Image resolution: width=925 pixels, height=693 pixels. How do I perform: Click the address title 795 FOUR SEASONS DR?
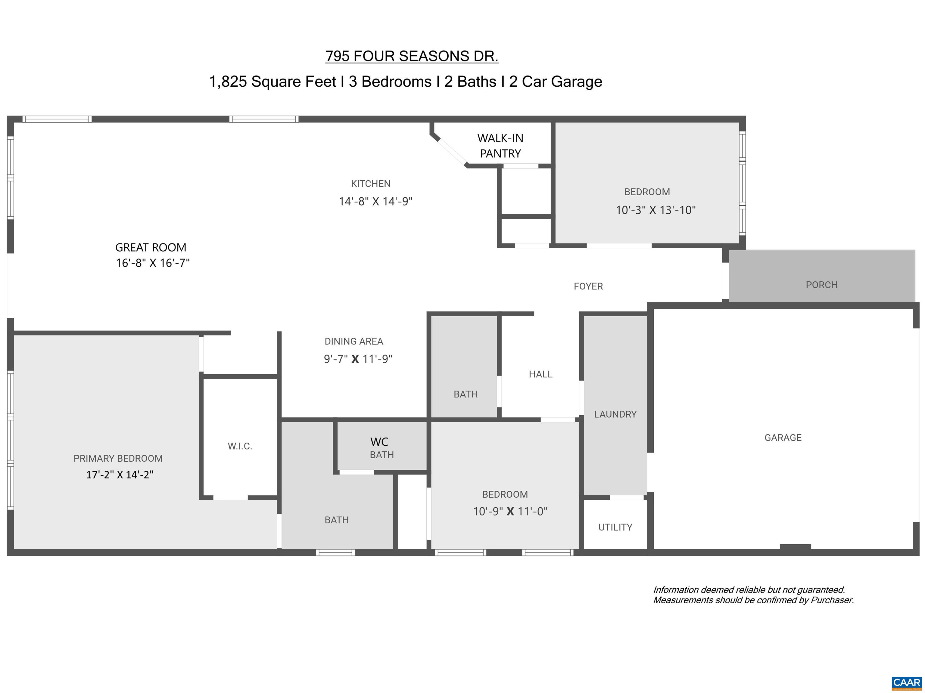[412, 56]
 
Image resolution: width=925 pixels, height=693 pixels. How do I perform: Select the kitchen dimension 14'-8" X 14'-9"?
[375, 202]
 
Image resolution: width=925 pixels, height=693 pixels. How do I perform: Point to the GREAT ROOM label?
[151, 247]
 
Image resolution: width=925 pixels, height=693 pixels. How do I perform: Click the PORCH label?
[822, 285]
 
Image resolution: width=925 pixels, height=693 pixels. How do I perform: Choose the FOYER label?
[588, 286]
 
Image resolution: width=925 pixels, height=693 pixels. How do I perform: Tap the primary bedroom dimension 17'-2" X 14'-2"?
[120, 475]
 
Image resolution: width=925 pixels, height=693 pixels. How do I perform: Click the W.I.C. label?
[240, 446]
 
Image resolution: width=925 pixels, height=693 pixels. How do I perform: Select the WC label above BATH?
[379, 442]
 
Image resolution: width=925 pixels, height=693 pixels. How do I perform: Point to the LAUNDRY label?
[615, 414]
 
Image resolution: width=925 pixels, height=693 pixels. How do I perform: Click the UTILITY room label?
[615, 527]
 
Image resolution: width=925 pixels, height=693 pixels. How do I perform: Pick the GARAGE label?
[783, 438]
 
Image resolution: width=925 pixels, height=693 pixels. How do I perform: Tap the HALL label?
[541, 374]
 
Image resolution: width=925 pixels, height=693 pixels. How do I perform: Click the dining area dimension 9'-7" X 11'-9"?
[358, 359]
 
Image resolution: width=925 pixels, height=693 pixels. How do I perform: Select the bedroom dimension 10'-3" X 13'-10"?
[656, 210]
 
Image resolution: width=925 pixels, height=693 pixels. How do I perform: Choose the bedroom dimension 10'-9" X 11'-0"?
[510, 511]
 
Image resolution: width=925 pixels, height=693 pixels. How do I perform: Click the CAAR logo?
[907, 682]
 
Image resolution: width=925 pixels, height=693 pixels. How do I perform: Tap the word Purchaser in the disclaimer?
[832, 600]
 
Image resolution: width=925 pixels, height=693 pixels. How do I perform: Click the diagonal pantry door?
[452, 151]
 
